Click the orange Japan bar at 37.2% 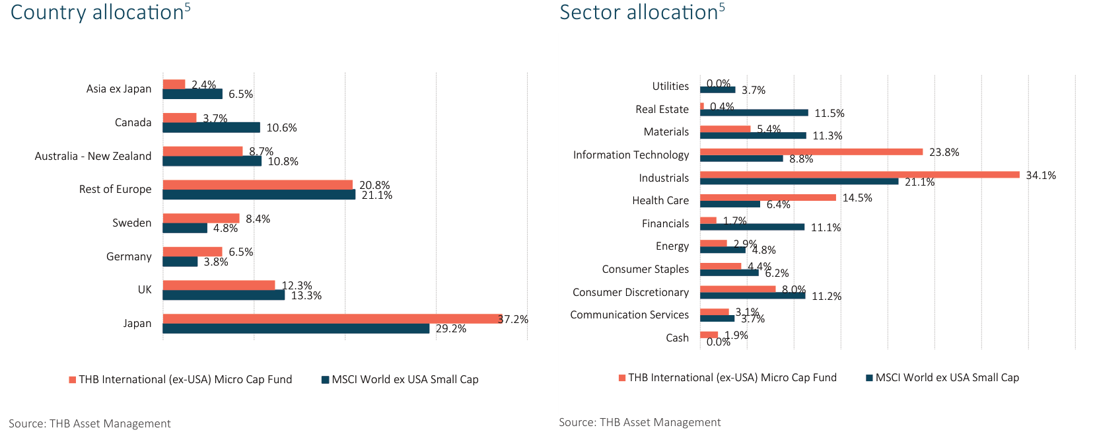click(332, 318)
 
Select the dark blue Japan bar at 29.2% click(296, 328)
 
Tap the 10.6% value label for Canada click(281, 127)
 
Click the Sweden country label click(131, 223)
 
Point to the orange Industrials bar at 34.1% click(859, 175)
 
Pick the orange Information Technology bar click(811, 152)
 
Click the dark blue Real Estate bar click(754, 113)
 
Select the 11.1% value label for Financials click(826, 227)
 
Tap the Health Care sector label click(660, 200)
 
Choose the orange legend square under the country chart click(72, 380)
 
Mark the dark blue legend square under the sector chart click(869, 378)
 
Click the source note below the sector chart click(639, 422)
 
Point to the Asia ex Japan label click(118, 89)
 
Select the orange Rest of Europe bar click(258, 185)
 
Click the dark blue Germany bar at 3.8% click(180, 262)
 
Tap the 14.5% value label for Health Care click(857, 198)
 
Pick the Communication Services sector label click(629, 314)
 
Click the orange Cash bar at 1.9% click(709, 335)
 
